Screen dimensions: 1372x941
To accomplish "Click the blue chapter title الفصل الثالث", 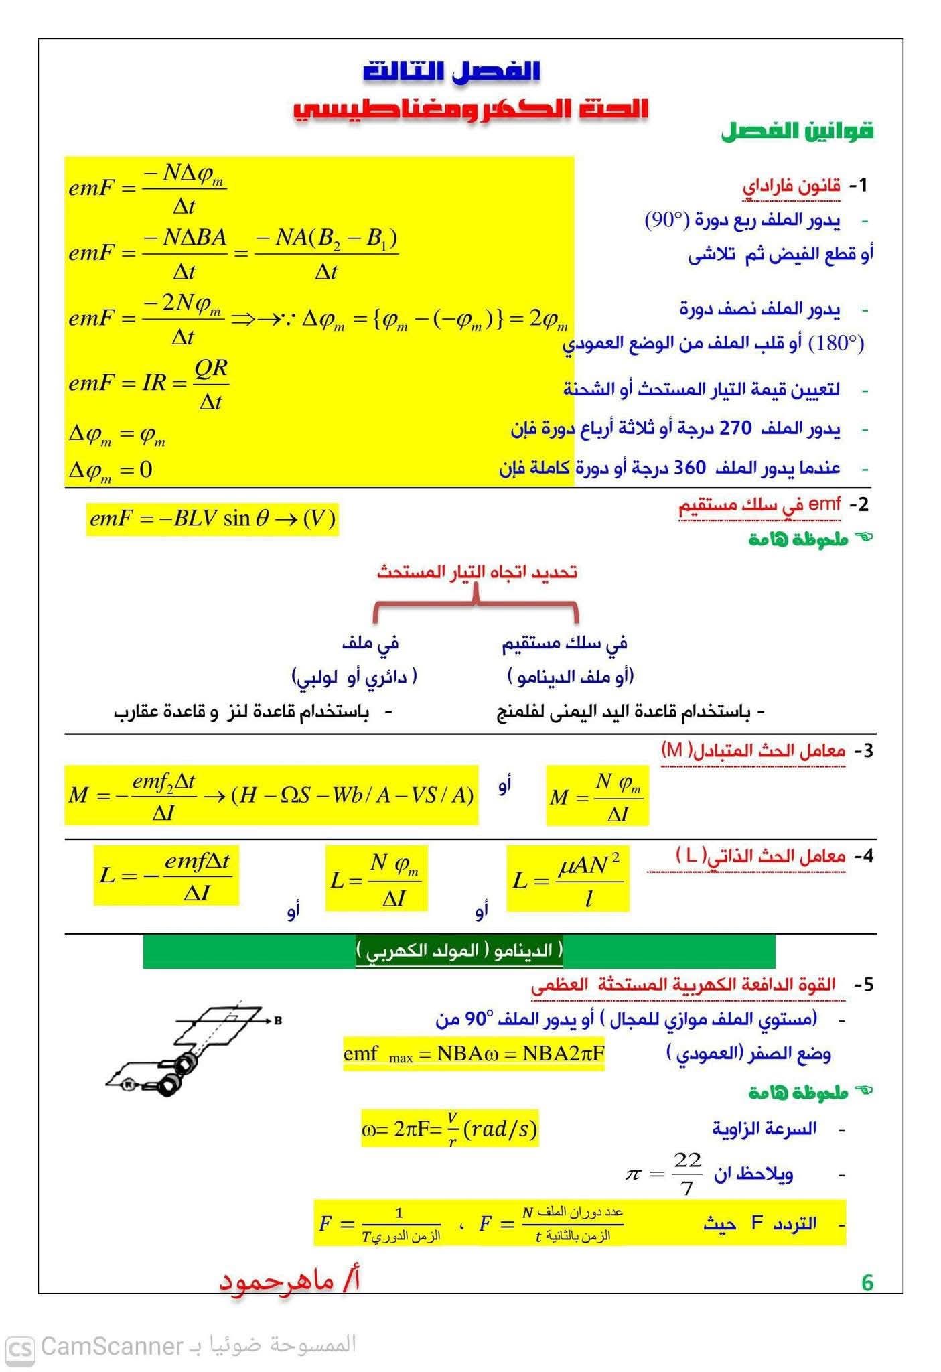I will pyautogui.click(x=451, y=71).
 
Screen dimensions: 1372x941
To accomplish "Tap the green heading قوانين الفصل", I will pyautogui.click(x=797, y=131).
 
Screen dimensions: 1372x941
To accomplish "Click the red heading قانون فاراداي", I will pyautogui.click(x=791, y=186).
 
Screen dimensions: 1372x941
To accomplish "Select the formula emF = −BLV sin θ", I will pyautogui.click(x=212, y=519).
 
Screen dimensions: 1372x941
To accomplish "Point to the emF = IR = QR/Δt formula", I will pyautogui.click(x=149, y=384).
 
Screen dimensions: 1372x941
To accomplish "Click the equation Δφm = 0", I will pyautogui.click(x=111, y=470).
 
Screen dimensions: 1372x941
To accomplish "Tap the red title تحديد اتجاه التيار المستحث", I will pyautogui.click(x=476, y=572).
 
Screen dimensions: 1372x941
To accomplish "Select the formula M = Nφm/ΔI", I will pyautogui.click(x=597, y=795).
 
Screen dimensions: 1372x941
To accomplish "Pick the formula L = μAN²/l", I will pyautogui.click(x=567, y=878).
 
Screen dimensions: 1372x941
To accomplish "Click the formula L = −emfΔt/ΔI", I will pyautogui.click(x=166, y=876).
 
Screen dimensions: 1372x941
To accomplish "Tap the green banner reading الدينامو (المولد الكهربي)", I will pyautogui.click(x=459, y=951).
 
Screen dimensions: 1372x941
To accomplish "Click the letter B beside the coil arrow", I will pyautogui.click(x=277, y=1021).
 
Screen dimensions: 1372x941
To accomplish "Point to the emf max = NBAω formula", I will pyautogui.click(x=474, y=1054).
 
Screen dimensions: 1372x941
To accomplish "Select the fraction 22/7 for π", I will pyautogui.click(x=687, y=1174).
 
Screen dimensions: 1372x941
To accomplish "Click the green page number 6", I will pyautogui.click(x=867, y=1282).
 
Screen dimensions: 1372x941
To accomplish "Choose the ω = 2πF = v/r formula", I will pyautogui.click(x=449, y=1129).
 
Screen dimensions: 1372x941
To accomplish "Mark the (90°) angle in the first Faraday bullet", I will pyautogui.click(x=666, y=220).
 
